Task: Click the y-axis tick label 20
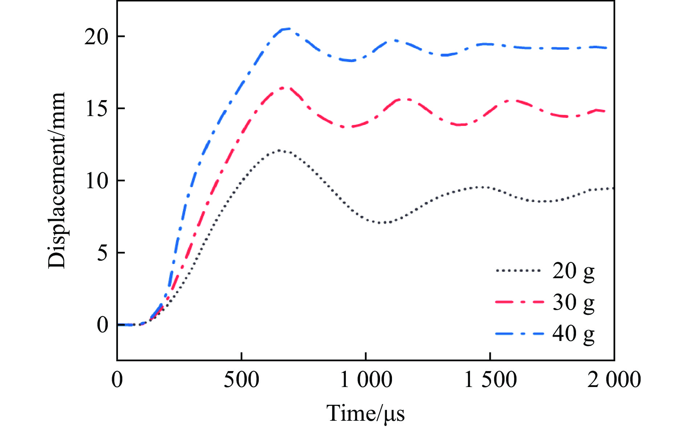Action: [96, 37]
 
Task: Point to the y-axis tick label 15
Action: [96, 108]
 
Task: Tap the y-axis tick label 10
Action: [96, 181]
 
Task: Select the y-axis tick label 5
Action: [102, 253]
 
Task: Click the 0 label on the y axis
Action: [102, 325]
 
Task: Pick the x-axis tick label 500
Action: [241, 380]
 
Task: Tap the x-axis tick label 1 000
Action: [366, 380]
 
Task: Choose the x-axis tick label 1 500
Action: [490, 380]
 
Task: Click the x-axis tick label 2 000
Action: [614, 380]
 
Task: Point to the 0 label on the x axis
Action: [117, 380]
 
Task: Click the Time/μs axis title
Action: [366, 413]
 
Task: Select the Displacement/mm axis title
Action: [57, 180]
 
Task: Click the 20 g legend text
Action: [573, 271]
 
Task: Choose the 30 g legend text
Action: [573, 302]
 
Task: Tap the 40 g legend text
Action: [573, 333]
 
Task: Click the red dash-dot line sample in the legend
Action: [519, 302]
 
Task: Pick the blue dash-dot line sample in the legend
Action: [519, 333]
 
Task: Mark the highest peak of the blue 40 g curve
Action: [287, 29]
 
